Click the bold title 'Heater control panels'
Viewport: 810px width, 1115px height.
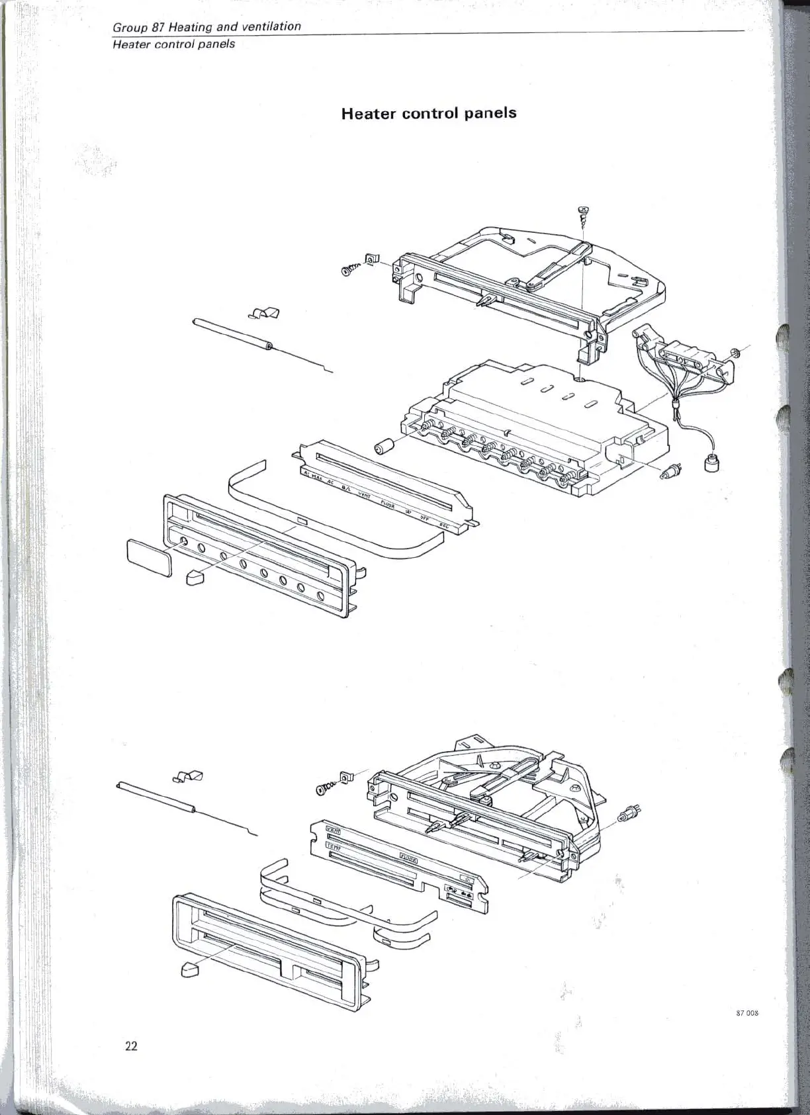pyautogui.click(x=428, y=112)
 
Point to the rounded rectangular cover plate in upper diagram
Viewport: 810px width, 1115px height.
pyautogui.click(x=149, y=557)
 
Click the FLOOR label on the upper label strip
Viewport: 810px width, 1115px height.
pyautogui.click(x=388, y=505)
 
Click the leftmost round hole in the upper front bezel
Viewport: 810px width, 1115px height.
pyautogui.click(x=184, y=544)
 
